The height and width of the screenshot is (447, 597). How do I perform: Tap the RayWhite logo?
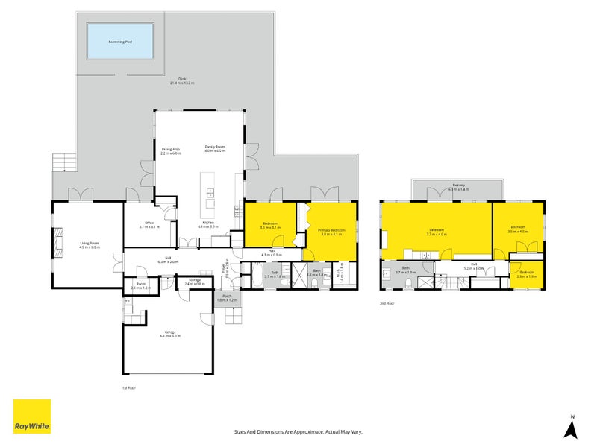click(x=32, y=416)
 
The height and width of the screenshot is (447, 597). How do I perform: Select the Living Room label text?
click(x=90, y=244)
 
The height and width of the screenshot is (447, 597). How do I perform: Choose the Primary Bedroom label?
click(x=332, y=232)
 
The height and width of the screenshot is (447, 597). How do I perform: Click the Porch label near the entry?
click(x=227, y=298)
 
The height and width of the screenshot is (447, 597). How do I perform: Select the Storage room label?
click(x=194, y=281)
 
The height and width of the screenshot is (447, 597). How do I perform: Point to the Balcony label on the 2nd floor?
click(x=457, y=187)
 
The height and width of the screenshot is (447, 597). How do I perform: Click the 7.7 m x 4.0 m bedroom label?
click(x=437, y=232)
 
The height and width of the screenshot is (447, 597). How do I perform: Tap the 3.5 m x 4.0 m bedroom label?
click(x=518, y=229)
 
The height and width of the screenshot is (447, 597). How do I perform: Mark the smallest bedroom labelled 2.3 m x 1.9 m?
click(x=526, y=274)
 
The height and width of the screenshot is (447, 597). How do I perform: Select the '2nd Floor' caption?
click(x=387, y=303)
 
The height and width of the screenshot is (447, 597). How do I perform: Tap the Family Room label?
click(x=215, y=149)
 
